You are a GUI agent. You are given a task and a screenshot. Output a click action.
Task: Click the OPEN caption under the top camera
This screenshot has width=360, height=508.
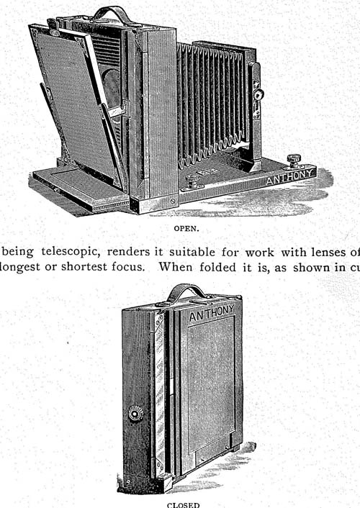tap(186, 228)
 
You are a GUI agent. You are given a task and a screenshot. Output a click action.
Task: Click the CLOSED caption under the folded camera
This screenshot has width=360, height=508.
tap(184, 504)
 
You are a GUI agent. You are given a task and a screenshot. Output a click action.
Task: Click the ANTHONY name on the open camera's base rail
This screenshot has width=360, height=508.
tap(291, 177)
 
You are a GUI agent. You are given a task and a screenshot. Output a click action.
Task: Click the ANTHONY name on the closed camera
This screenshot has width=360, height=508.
tap(212, 313)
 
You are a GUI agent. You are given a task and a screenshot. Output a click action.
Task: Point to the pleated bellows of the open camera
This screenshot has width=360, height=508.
tap(212, 104)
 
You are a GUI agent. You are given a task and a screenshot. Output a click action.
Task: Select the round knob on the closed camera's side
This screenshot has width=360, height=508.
tap(136, 414)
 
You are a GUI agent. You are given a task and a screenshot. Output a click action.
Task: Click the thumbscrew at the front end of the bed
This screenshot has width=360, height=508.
tap(294, 160)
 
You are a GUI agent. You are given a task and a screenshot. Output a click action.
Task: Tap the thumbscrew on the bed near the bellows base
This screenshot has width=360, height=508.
tap(192, 181)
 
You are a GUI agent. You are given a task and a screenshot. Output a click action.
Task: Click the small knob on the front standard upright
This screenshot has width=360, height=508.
tap(258, 94)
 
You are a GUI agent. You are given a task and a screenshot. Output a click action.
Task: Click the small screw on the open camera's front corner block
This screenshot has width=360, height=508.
tap(173, 201)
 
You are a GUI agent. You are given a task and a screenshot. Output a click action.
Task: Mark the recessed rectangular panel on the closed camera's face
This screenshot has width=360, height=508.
tap(212, 384)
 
